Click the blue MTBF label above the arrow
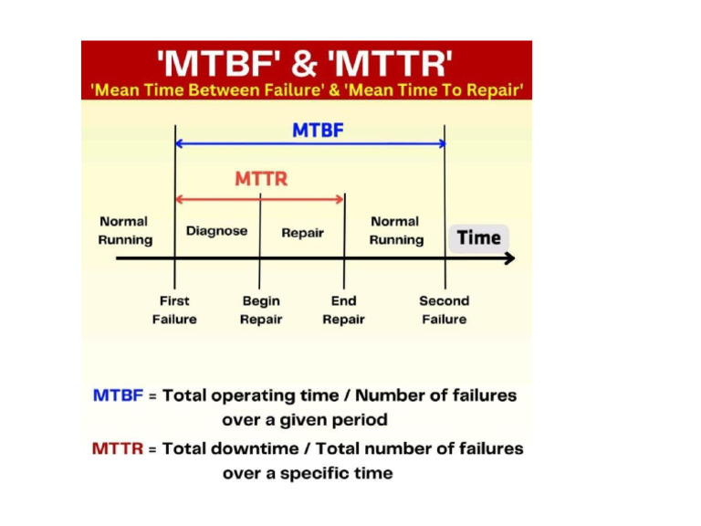pyautogui.click(x=318, y=131)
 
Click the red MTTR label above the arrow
pyautogui.click(x=261, y=179)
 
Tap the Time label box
pyautogui.click(x=478, y=238)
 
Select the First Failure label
pyautogui.click(x=174, y=310)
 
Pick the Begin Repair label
pyautogui.click(x=261, y=310)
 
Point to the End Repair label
pyautogui.click(x=343, y=310)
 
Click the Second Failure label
pyautogui.click(x=445, y=310)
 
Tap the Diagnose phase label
pyautogui.click(x=216, y=231)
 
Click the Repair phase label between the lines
pyautogui.click(x=302, y=233)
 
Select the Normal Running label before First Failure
pyautogui.click(x=125, y=230)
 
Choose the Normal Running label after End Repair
pyautogui.click(x=396, y=230)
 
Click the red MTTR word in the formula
pyautogui.click(x=118, y=448)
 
